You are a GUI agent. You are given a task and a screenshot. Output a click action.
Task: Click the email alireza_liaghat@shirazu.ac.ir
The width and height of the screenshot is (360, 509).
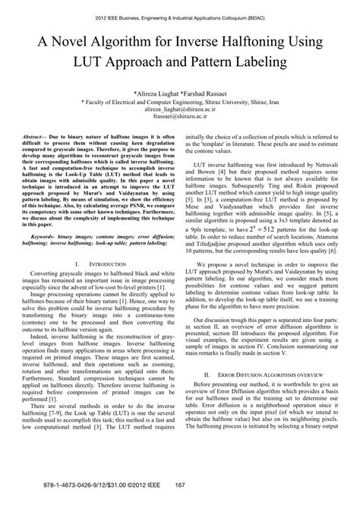pyautogui.click(x=180, y=111)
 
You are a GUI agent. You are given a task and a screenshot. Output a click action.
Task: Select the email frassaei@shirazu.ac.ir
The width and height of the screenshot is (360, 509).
pyautogui.click(x=180, y=119)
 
